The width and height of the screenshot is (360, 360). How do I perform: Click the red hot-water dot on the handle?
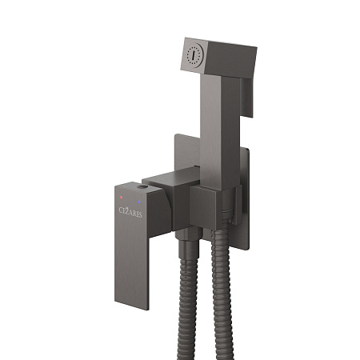[x=122, y=198]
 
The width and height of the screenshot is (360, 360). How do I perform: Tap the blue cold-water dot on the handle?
[x=139, y=202]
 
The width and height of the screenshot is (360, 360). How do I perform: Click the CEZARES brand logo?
[x=130, y=212]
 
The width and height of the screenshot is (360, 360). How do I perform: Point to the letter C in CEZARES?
[x=121, y=210]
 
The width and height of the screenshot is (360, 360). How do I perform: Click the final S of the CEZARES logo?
[x=140, y=214]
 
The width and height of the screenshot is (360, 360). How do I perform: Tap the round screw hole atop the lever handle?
[x=142, y=186]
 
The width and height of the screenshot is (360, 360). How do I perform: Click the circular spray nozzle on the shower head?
[x=194, y=55]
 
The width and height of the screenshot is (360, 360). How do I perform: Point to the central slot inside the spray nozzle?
[x=194, y=55]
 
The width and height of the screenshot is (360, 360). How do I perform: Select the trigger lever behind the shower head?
[x=246, y=98]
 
